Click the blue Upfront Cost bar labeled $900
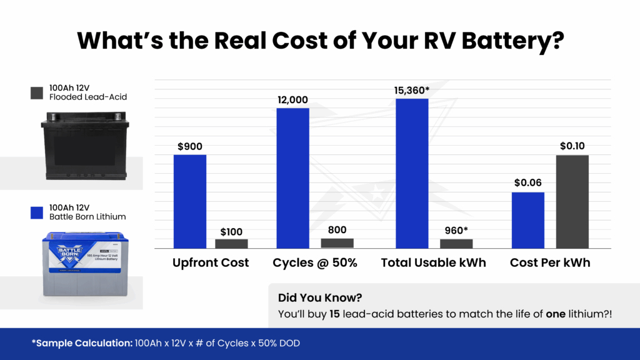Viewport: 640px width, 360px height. coord(189,201)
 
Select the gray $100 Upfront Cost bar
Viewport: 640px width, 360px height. coord(231,244)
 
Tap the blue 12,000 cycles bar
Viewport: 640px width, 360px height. coord(292,178)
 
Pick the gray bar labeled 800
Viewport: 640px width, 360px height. coord(337,243)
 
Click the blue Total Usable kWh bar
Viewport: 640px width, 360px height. coord(412,173)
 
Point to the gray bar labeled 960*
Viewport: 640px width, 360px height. coord(456,244)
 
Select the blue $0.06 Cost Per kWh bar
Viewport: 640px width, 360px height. coord(528,220)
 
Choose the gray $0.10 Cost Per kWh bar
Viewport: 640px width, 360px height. coord(572,201)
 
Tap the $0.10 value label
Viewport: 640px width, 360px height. coord(572,146)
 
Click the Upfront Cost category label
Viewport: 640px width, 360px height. coord(211,263)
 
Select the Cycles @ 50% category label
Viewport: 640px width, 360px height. coord(315,263)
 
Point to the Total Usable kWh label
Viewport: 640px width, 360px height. coord(434,263)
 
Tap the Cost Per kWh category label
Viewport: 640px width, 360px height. coord(550,263)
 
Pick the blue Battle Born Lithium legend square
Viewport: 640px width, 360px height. coord(36,212)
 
